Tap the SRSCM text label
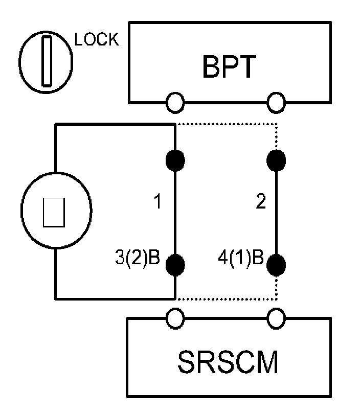(x=229, y=362)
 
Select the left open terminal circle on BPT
(x=175, y=102)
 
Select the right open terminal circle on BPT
(x=277, y=102)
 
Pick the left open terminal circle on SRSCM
(x=175, y=319)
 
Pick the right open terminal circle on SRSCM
(x=277, y=319)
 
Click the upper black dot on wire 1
(x=175, y=159)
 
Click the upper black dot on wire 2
(x=277, y=159)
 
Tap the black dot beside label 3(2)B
(x=175, y=264)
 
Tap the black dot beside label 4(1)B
(x=277, y=264)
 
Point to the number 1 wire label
(x=158, y=202)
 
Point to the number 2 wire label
(x=260, y=202)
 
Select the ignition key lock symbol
(x=46, y=61)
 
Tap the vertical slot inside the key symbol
(x=47, y=61)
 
